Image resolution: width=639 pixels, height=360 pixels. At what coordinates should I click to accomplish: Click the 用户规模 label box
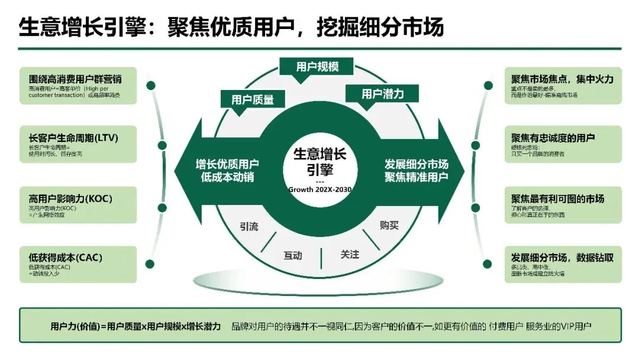coord(317,66)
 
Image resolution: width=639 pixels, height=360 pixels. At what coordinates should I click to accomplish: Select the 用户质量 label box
coord(253,99)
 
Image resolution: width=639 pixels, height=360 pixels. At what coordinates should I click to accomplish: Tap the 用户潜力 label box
coord(382,94)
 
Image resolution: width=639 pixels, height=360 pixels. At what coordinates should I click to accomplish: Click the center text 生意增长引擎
coord(321,162)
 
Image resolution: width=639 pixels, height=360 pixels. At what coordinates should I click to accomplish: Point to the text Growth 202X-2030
coord(319,189)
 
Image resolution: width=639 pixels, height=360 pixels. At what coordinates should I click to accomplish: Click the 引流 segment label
coord(249,226)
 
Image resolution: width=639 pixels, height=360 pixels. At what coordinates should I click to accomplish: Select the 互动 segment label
coord(292,256)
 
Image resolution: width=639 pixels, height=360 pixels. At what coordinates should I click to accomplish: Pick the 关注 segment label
coord(350,254)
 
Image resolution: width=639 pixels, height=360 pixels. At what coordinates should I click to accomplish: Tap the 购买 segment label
coord(389,225)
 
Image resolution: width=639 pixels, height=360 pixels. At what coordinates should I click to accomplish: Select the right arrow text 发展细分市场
coord(416,164)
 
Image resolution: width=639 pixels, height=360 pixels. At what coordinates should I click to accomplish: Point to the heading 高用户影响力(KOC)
coord(70,198)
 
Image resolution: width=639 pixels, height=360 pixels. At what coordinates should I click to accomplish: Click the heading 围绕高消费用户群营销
coord(75,79)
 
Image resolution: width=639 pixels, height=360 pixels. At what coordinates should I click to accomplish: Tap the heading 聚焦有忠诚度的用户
coord(553,138)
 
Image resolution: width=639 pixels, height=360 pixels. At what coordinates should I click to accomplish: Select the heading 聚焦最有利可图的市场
coord(558,198)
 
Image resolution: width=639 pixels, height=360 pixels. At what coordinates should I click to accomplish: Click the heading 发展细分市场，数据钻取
coord(562,258)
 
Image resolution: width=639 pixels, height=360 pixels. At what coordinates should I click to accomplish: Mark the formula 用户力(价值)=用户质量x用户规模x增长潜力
coord(135,326)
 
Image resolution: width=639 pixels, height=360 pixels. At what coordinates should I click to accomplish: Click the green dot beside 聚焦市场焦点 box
coord(489,85)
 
